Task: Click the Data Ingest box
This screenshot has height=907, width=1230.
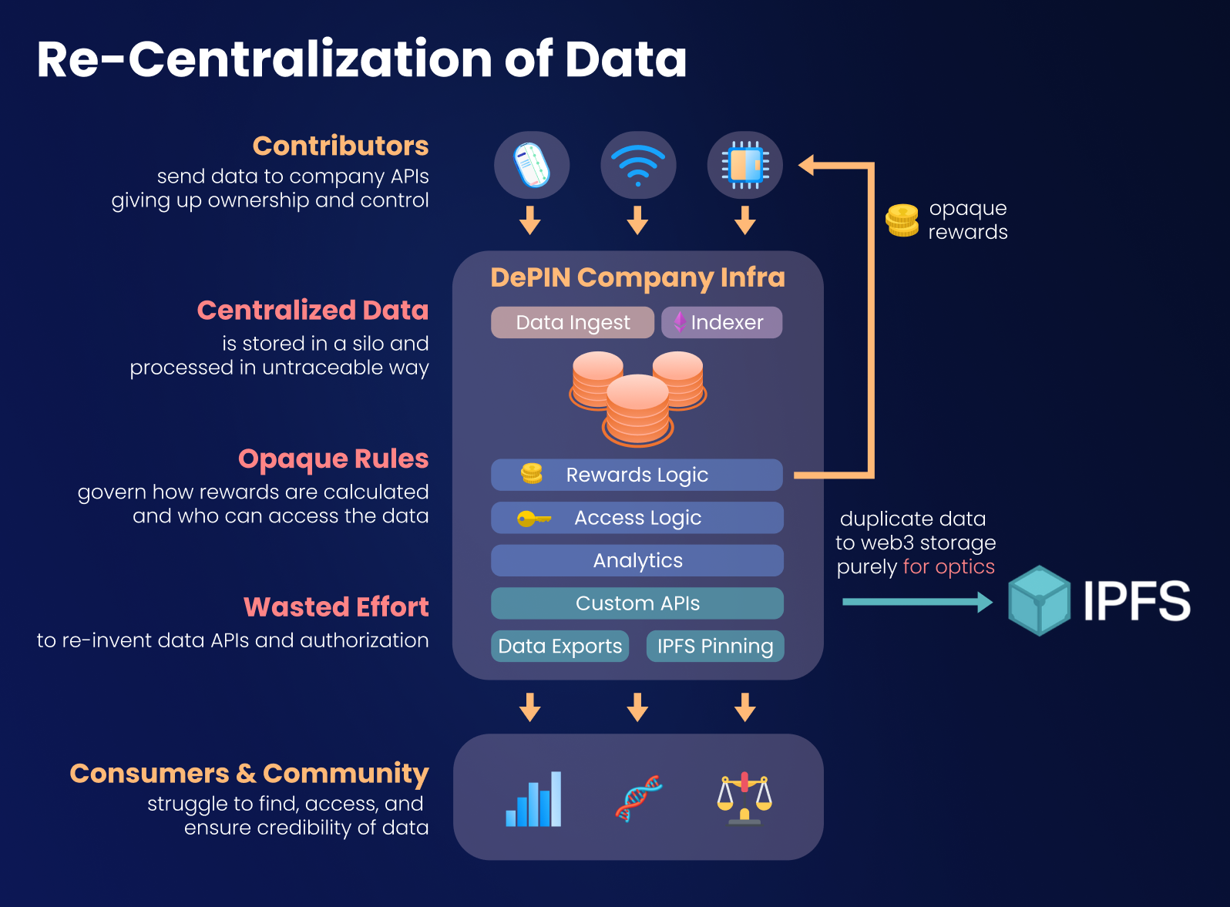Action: pos(573,322)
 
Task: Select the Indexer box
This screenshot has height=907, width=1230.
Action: pos(721,322)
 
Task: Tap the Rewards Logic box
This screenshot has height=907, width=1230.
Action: pos(637,475)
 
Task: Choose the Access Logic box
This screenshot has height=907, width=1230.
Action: pos(637,518)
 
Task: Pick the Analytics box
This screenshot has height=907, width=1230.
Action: pos(637,560)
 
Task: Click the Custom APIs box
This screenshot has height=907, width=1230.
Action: pos(637,603)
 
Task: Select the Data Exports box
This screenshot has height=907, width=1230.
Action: pos(560,646)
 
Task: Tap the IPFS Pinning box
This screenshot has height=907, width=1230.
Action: pos(714,646)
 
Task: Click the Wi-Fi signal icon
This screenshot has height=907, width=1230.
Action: pos(638,165)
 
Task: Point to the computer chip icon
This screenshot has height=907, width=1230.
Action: pos(744,165)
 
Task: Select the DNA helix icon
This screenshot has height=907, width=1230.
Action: pos(638,798)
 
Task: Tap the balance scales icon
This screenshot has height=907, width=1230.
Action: pos(744,798)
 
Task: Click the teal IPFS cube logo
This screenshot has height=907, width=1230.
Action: pos(1039,600)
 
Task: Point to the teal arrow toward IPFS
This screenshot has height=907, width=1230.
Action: pos(917,602)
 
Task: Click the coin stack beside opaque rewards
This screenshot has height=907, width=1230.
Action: pos(902,220)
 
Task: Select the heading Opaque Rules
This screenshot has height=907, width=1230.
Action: pos(333,459)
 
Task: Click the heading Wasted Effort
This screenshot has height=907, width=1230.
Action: pos(336,607)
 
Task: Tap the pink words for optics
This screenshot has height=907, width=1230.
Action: pos(949,566)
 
